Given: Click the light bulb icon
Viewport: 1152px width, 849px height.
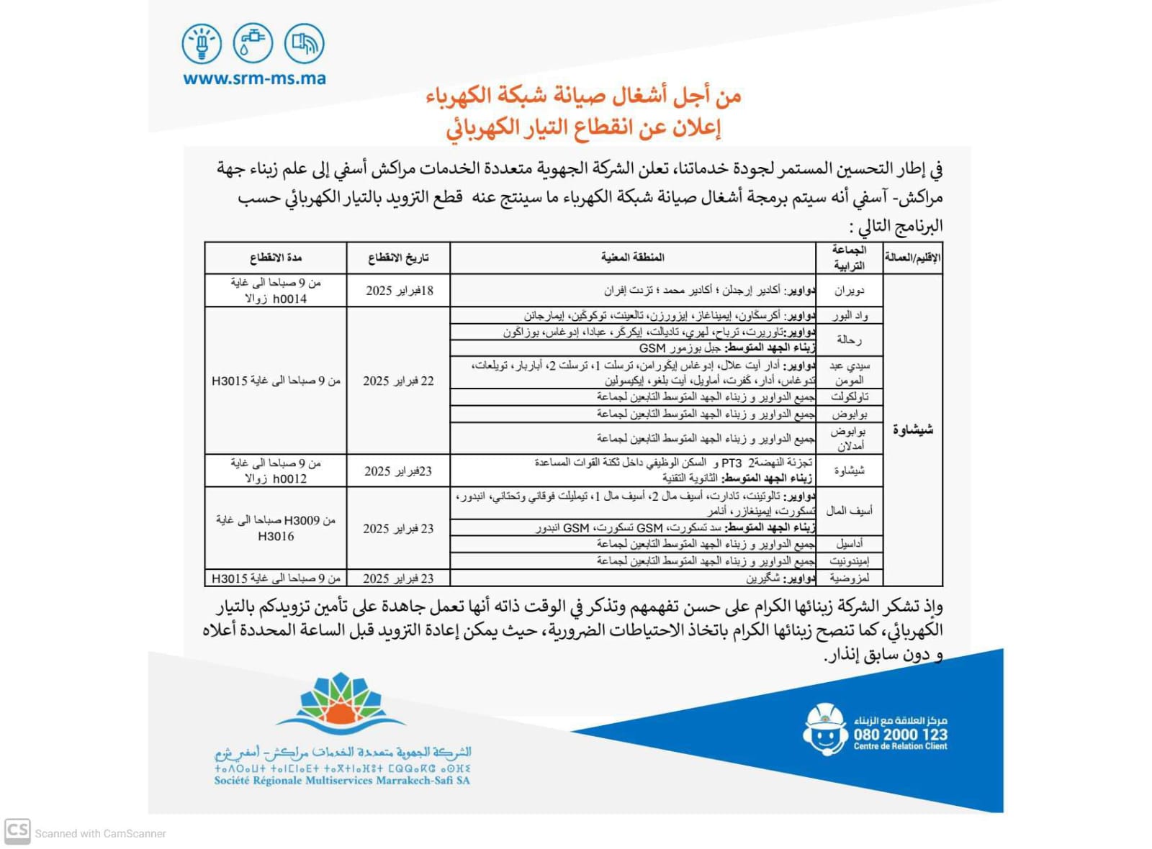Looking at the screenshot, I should [x=202, y=43].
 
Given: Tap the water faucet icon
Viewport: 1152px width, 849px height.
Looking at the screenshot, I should [x=253, y=43].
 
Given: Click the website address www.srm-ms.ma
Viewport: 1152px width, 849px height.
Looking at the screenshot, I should [x=254, y=78].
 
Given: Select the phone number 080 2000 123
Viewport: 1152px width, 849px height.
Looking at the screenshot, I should [x=900, y=735].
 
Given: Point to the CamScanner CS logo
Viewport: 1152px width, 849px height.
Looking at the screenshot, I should [x=17, y=831].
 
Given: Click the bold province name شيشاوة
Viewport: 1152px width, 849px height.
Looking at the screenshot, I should [x=912, y=430].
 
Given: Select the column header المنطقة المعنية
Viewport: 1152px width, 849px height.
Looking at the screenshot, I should [x=632, y=258].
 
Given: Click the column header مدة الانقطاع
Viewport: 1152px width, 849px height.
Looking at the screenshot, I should [x=276, y=258].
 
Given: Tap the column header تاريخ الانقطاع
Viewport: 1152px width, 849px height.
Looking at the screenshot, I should [x=398, y=258].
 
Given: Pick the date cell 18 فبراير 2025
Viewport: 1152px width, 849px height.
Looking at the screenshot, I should [x=399, y=291].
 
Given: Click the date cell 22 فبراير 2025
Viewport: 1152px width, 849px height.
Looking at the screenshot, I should [x=398, y=381].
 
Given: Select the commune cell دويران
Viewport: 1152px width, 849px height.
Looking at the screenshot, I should [x=849, y=291].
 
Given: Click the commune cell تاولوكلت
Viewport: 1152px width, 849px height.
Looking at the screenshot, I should [x=849, y=397].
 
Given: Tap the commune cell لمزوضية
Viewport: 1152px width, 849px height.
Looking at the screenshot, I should [x=849, y=578].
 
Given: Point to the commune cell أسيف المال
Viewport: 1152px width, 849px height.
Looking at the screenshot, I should [x=849, y=511].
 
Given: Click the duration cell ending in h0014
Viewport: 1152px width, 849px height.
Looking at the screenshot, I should [x=276, y=291].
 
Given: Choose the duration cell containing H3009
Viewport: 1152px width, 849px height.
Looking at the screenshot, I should [x=276, y=528].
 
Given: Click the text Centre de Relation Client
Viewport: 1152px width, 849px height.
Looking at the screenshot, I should [x=900, y=747].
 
